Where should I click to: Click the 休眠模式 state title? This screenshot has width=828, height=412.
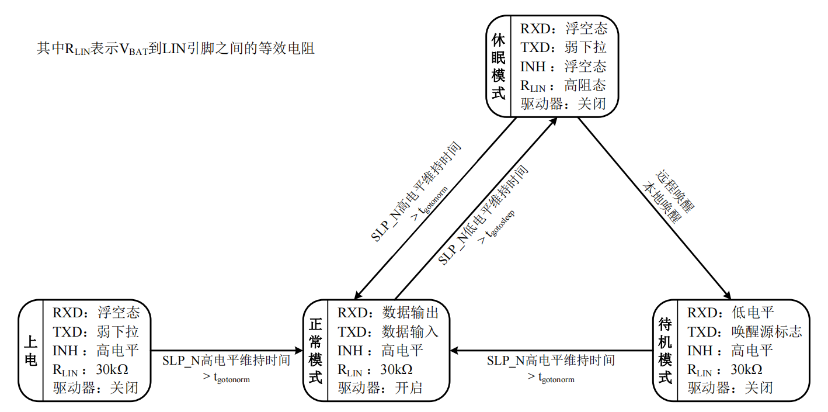[x=498, y=65]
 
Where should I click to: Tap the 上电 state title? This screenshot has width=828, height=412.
[x=31, y=351]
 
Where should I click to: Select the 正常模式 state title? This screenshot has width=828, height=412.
[x=315, y=351]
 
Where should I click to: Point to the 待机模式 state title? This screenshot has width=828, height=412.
[x=665, y=351]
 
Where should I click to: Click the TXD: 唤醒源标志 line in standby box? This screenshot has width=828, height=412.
[x=744, y=332]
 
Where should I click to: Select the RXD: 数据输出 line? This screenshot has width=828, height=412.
[x=388, y=313]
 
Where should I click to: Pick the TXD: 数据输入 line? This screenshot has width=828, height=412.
[x=388, y=332]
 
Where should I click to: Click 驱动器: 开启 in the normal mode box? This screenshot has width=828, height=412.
[x=380, y=387]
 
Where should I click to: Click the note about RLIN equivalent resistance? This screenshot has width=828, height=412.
[x=176, y=49]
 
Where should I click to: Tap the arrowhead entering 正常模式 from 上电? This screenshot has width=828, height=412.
[x=300, y=351]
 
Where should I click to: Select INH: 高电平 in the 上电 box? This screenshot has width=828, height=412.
[x=96, y=351]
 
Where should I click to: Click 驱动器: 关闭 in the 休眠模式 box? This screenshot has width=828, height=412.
[x=563, y=104]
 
